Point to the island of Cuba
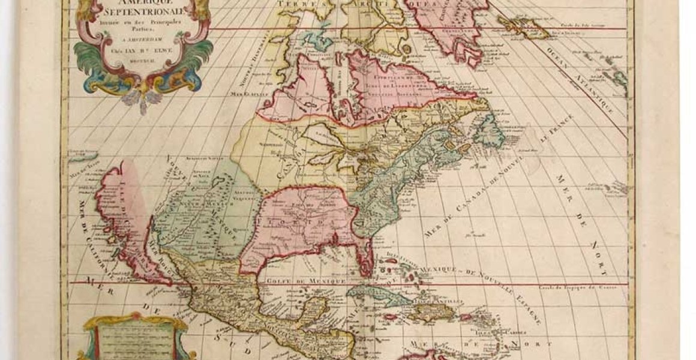[372, 294]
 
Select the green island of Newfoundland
[490, 130]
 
